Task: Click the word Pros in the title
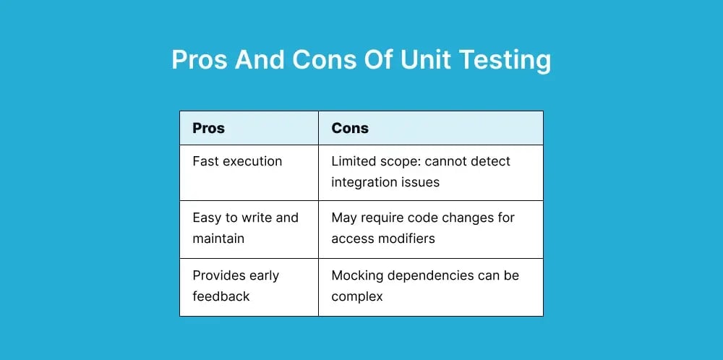tap(199, 59)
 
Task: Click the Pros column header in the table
tap(208, 129)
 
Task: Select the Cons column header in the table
tap(350, 129)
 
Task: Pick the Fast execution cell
tap(237, 161)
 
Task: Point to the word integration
tap(364, 182)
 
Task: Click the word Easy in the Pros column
tap(208, 218)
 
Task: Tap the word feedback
tap(221, 296)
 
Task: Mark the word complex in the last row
tap(356, 296)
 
